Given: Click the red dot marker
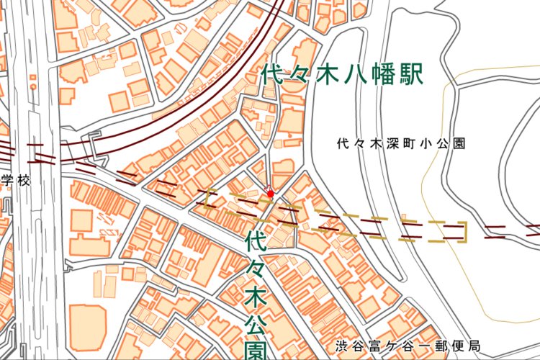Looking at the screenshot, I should pyautogui.click(x=270, y=193).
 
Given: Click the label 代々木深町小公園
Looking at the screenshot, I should pyautogui.click(x=401, y=143).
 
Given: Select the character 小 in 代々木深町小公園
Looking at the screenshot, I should pyautogui.click(x=428, y=143).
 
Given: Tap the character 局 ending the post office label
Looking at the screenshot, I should pyautogui.click(x=472, y=346).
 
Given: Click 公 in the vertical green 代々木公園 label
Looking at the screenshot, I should pyautogui.click(x=256, y=323).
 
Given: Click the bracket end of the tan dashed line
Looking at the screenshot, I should pyautogui.click(x=464, y=230).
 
